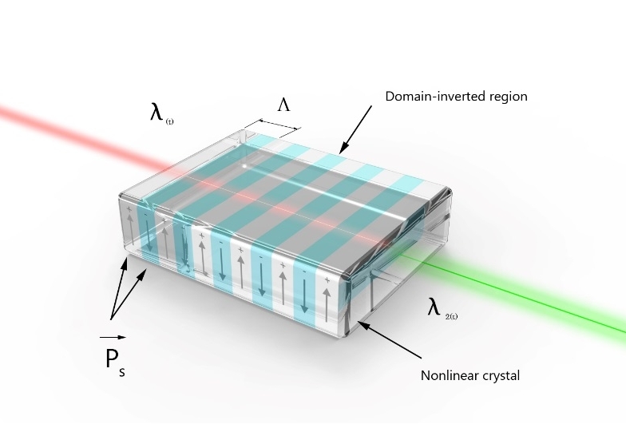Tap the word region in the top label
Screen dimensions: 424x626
506,97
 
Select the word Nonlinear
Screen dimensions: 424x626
447,375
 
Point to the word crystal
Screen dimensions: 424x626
501,375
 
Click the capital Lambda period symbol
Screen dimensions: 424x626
283,105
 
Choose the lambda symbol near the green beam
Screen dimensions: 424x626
434,307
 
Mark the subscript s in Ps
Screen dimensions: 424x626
122,371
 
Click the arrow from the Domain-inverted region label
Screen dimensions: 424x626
355,129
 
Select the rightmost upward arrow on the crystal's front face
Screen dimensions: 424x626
327,295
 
